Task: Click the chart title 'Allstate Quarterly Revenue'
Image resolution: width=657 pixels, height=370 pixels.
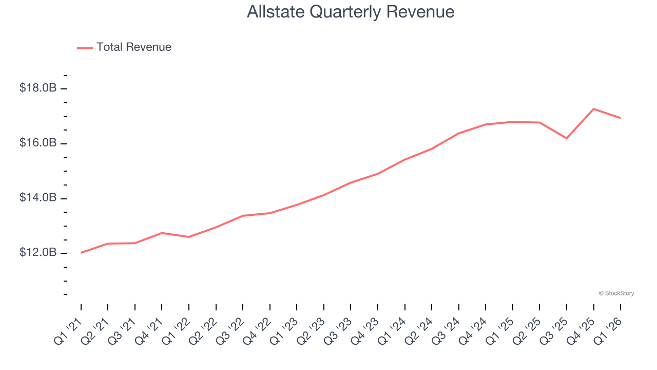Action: (351, 12)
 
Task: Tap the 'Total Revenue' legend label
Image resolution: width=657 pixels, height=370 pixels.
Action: (133, 47)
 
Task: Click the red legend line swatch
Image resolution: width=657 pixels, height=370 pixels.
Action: (85, 48)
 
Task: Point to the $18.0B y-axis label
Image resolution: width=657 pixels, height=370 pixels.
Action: (38, 88)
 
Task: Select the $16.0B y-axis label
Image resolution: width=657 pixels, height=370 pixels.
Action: (38, 143)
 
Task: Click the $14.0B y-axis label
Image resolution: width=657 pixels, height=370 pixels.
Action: (38, 198)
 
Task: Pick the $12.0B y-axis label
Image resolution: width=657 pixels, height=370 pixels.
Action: (38, 253)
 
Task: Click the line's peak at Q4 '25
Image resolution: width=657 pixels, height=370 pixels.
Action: (594, 109)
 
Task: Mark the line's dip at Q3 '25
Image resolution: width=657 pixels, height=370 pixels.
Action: (567, 138)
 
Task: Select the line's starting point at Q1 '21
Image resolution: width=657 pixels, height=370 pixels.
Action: (81, 252)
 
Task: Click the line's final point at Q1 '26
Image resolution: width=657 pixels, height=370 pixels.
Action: (621, 118)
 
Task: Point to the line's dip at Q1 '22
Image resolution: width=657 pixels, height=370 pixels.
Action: (189, 237)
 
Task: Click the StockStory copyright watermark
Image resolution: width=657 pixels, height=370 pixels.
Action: (616, 293)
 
